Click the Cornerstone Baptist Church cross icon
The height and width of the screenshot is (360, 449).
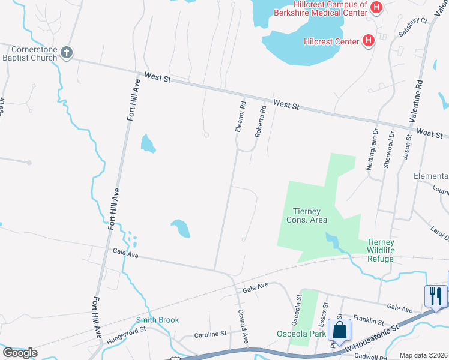click(x=67, y=53)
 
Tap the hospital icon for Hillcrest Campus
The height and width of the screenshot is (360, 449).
click(x=376, y=7)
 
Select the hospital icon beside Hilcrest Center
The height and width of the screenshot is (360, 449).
click(x=369, y=41)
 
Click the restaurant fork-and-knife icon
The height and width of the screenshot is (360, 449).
click(x=435, y=296)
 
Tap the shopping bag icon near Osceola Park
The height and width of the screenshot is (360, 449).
click(x=340, y=330)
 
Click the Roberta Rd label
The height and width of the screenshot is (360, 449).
click(x=260, y=122)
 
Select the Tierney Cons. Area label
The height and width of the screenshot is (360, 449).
click(x=310, y=215)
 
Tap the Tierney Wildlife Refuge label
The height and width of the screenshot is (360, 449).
click(x=381, y=250)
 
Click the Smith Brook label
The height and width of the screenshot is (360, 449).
click(x=157, y=320)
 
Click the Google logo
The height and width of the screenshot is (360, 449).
click(x=20, y=353)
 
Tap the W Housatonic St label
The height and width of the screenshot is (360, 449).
click(x=372, y=338)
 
